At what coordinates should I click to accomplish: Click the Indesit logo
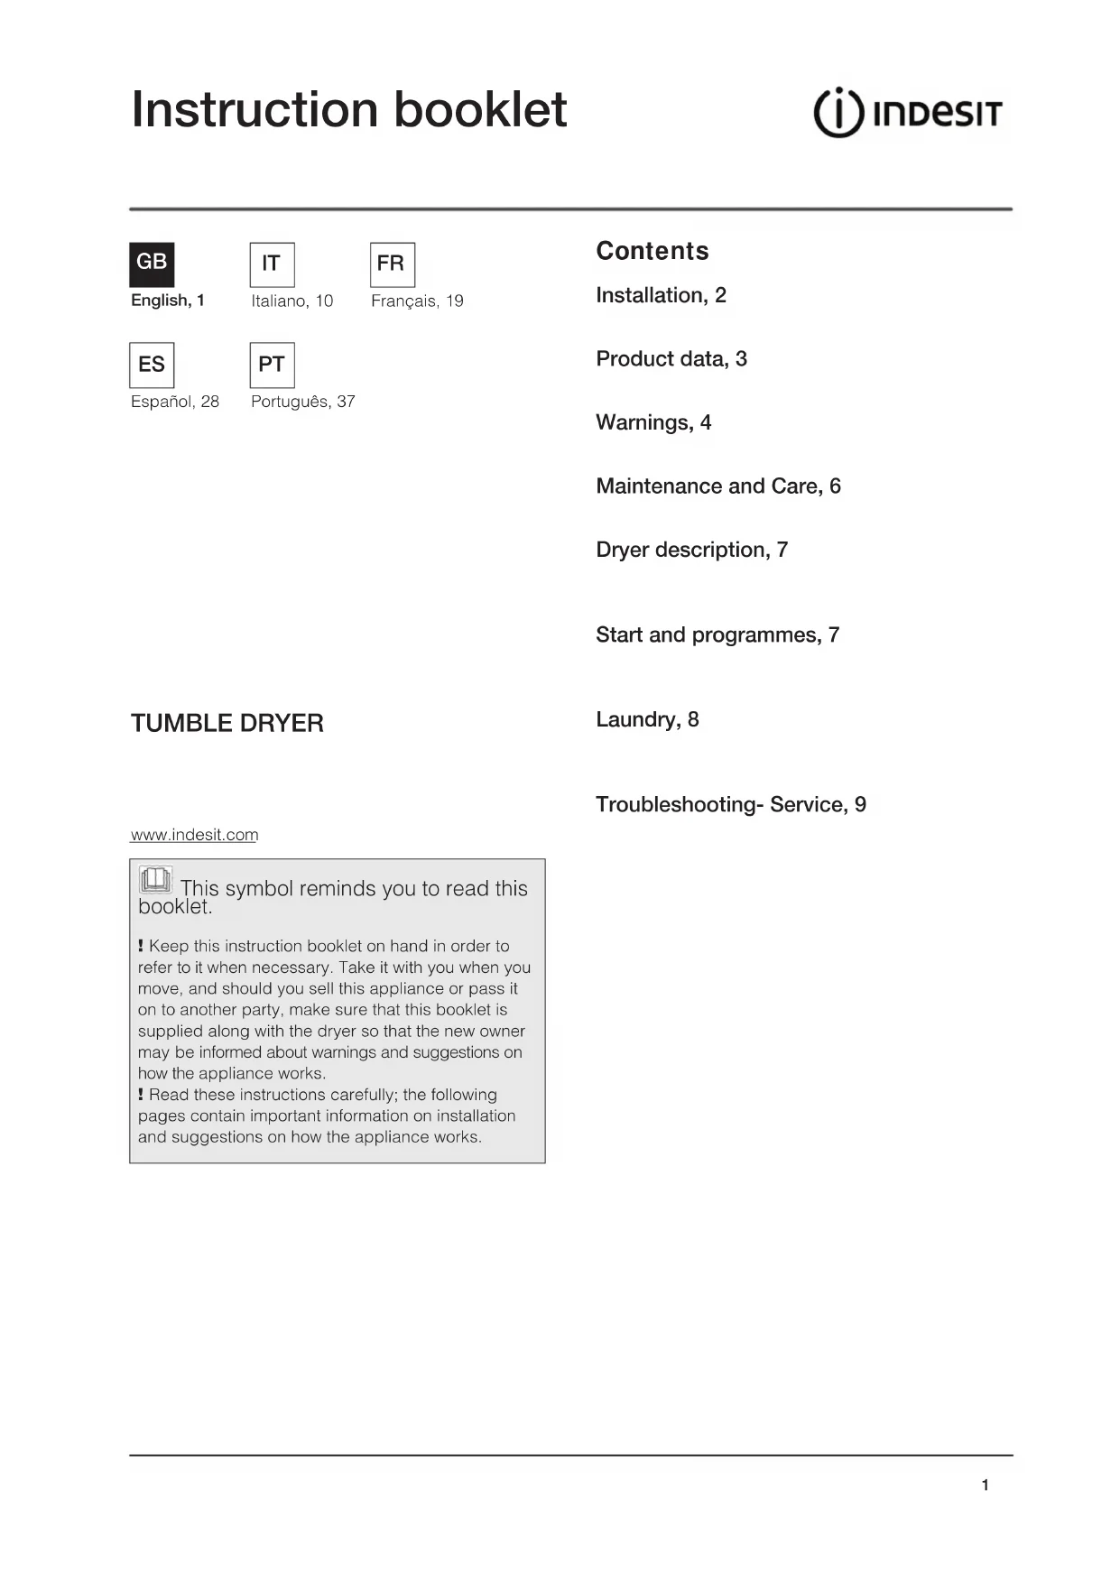tap(908, 113)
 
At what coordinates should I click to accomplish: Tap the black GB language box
tap(152, 264)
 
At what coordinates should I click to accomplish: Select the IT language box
tap(272, 264)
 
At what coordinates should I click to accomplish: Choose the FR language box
tap(392, 264)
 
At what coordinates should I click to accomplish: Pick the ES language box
tap(152, 365)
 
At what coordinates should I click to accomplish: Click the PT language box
tap(272, 365)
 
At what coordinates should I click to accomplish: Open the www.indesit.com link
tap(194, 835)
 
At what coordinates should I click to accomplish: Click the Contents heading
tap(652, 251)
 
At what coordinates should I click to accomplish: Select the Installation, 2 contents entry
tap(661, 295)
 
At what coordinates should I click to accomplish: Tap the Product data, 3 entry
tap(671, 359)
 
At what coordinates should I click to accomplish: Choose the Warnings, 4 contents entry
tap(653, 422)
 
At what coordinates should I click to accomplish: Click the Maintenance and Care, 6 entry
tap(717, 486)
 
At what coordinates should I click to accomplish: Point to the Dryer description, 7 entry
tap(691, 550)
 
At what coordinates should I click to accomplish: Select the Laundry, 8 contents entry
tap(646, 719)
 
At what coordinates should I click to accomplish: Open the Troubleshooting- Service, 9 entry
tap(730, 804)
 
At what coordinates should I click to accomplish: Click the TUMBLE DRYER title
tap(227, 723)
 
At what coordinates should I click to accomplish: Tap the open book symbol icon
tap(155, 879)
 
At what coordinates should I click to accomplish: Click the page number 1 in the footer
tap(985, 1485)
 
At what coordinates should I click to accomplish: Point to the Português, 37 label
tap(302, 402)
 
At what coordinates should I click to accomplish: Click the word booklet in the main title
tap(480, 110)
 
